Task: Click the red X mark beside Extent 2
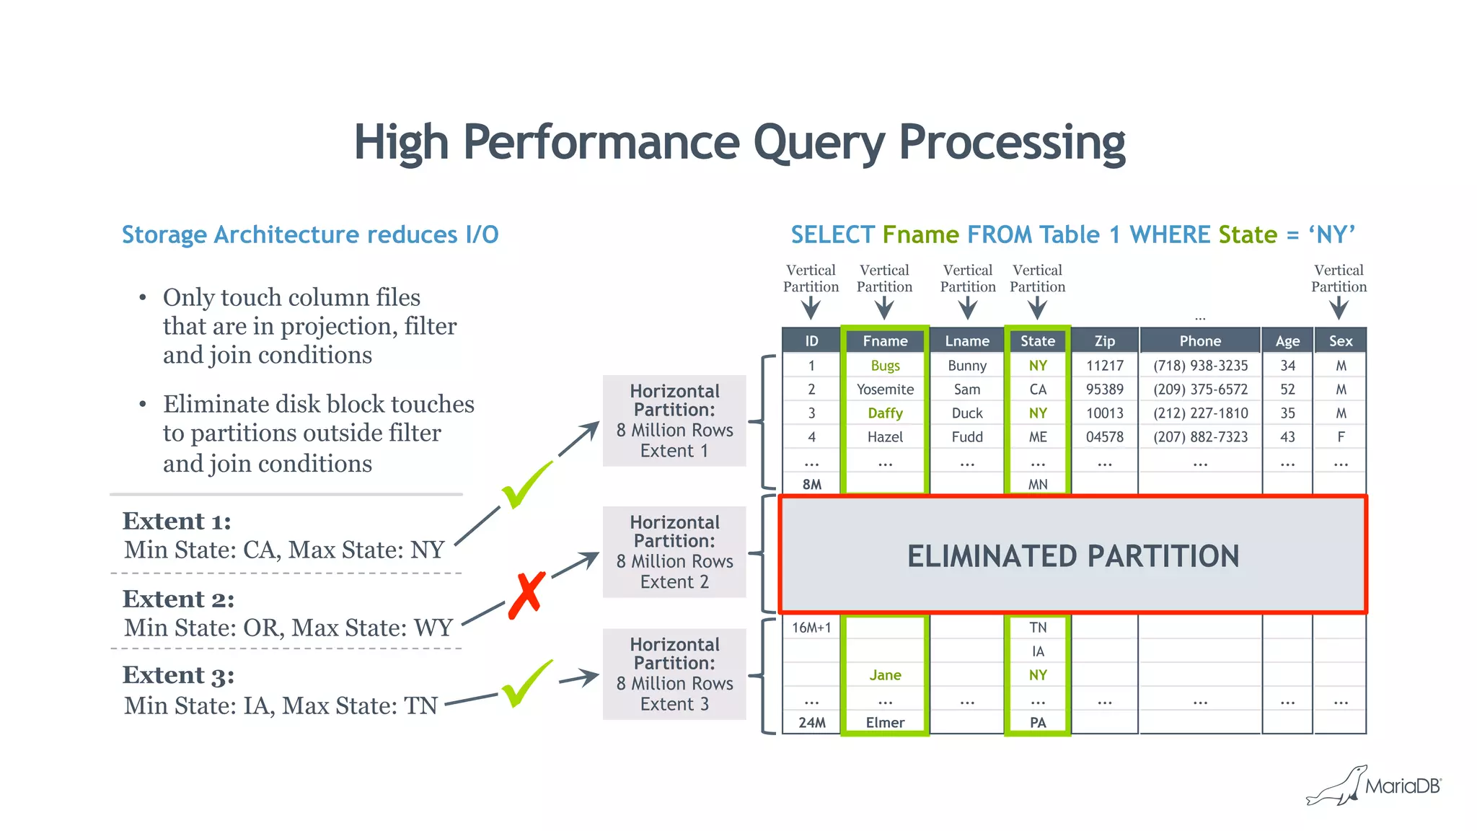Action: coord(526,594)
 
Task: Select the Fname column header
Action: coord(885,340)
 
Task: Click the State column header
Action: coord(1037,340)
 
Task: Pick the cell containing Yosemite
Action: coord(885,390)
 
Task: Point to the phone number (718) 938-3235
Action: coord(1200,366)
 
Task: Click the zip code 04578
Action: coord(1104,437)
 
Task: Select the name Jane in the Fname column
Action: coord(885,675)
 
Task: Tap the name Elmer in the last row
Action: coord(885,723)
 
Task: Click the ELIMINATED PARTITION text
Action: coord(1072,556)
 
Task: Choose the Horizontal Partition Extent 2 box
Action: coord(674,552)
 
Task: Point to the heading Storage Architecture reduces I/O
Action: coord(310,235)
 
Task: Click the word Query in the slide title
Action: coord(819,143)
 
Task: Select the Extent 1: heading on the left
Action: coord(177,521)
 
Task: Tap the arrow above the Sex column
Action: coord(1339,309)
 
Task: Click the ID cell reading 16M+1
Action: coord(811,628)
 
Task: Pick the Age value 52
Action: coord(1287,390)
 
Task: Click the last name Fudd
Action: coord(967,437)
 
